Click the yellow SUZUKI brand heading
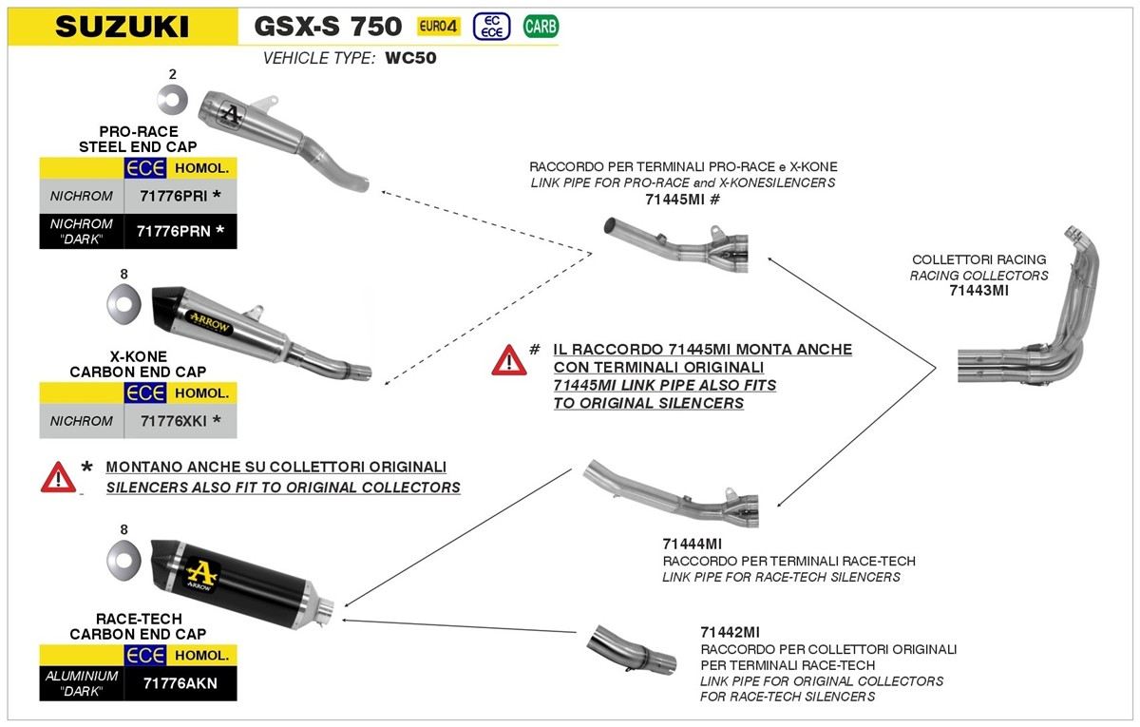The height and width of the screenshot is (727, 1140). pos(122,26)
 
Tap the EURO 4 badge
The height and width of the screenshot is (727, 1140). pos(439,26)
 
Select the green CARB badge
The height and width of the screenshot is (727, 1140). pos(541,26)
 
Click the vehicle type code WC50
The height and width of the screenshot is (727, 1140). pos(410,58)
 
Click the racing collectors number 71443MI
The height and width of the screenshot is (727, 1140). pos(978,291)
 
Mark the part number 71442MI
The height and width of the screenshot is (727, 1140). pos(729,632)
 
